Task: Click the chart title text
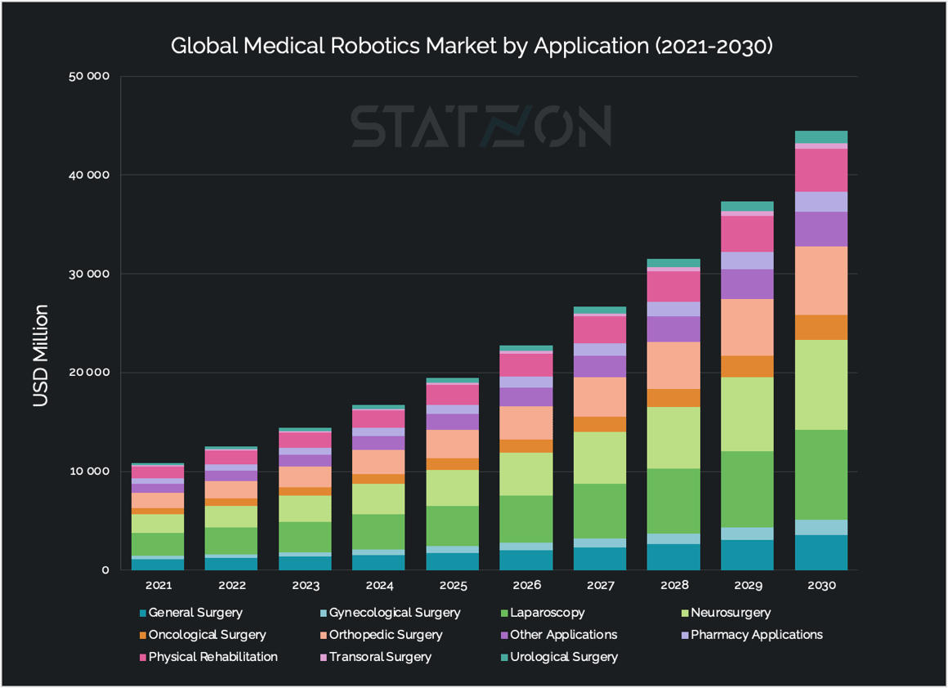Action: [472, 46]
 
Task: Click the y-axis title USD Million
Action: [41, 355]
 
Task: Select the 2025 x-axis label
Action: [453, 586]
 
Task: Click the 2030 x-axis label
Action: [821, 586]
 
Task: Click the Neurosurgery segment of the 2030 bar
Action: [821, 385]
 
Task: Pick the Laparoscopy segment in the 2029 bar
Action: [748, 489]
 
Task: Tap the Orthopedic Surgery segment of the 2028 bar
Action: [674, 365]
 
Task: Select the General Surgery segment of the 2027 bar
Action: [601, 559]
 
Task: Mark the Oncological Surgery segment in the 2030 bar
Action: [821, 328]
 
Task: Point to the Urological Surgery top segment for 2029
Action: [748, 206]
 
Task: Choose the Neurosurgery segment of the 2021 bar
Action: [158, 523]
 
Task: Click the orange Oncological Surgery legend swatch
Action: [143, 635]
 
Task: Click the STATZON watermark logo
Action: [481, 126]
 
